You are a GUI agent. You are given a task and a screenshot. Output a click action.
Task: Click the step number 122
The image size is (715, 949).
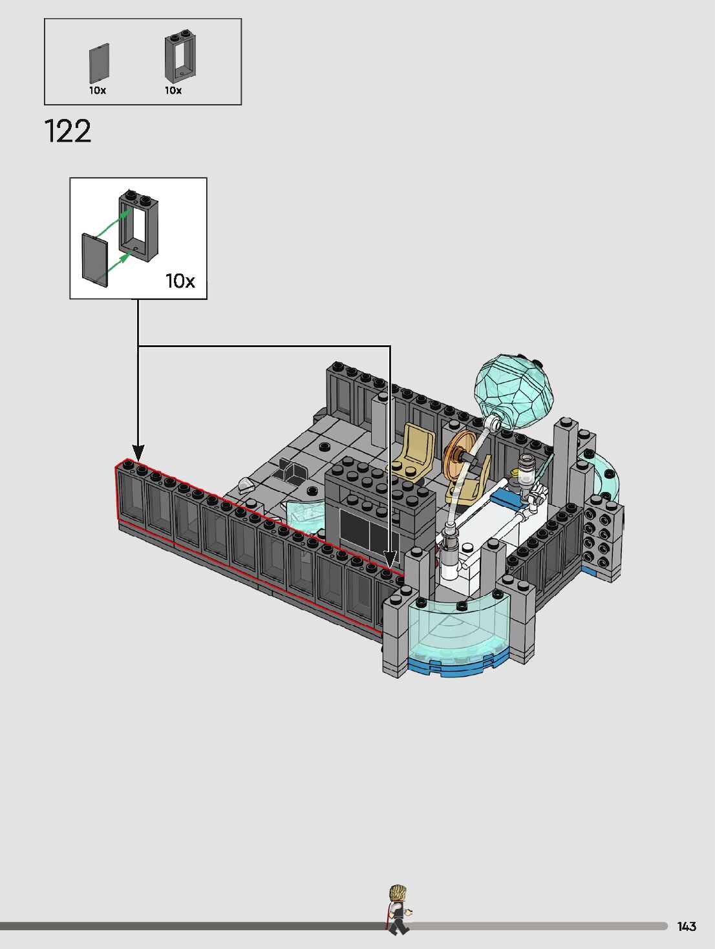click(68, 131)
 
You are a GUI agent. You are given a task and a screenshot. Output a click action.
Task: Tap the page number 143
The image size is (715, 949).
click(687, 926)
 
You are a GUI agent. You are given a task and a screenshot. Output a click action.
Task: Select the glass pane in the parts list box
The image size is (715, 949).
click(99, 63)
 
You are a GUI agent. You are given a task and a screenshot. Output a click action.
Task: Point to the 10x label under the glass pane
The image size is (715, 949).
click(98, 91)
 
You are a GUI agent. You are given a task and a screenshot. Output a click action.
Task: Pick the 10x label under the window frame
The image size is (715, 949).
click(173, 91)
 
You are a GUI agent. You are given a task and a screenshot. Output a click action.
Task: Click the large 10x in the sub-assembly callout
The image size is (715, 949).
click(180, 281)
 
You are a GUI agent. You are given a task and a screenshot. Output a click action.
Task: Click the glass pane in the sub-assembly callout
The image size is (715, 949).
click(94, 260)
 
